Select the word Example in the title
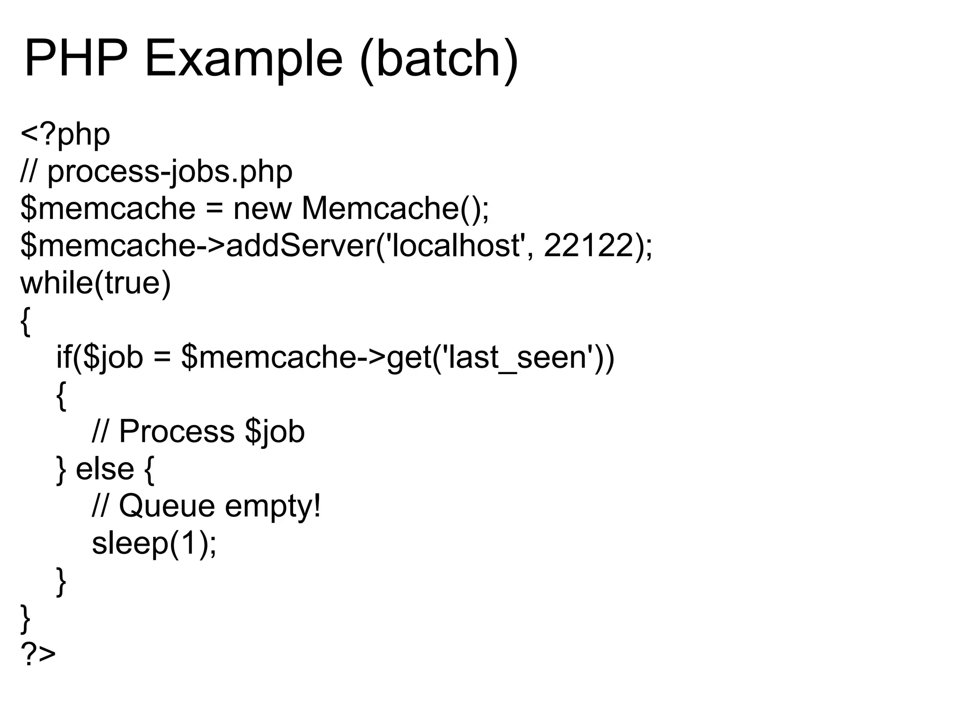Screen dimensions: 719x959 pyautogui.click(x=244, y=59)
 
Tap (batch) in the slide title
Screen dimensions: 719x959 pyautogui.click(x=439, y=59)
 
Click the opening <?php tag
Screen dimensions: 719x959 pyautogui.click(x=65, y=134)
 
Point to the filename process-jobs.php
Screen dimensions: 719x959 pyautogui.click(x=170, y=172)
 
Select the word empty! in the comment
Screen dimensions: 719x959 pyautogui.click(x=273, y=506)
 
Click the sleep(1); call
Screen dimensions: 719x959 pyautogui.click(x=154, y=543)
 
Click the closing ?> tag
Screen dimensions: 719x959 pyautogui.click(x=38, y=654)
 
